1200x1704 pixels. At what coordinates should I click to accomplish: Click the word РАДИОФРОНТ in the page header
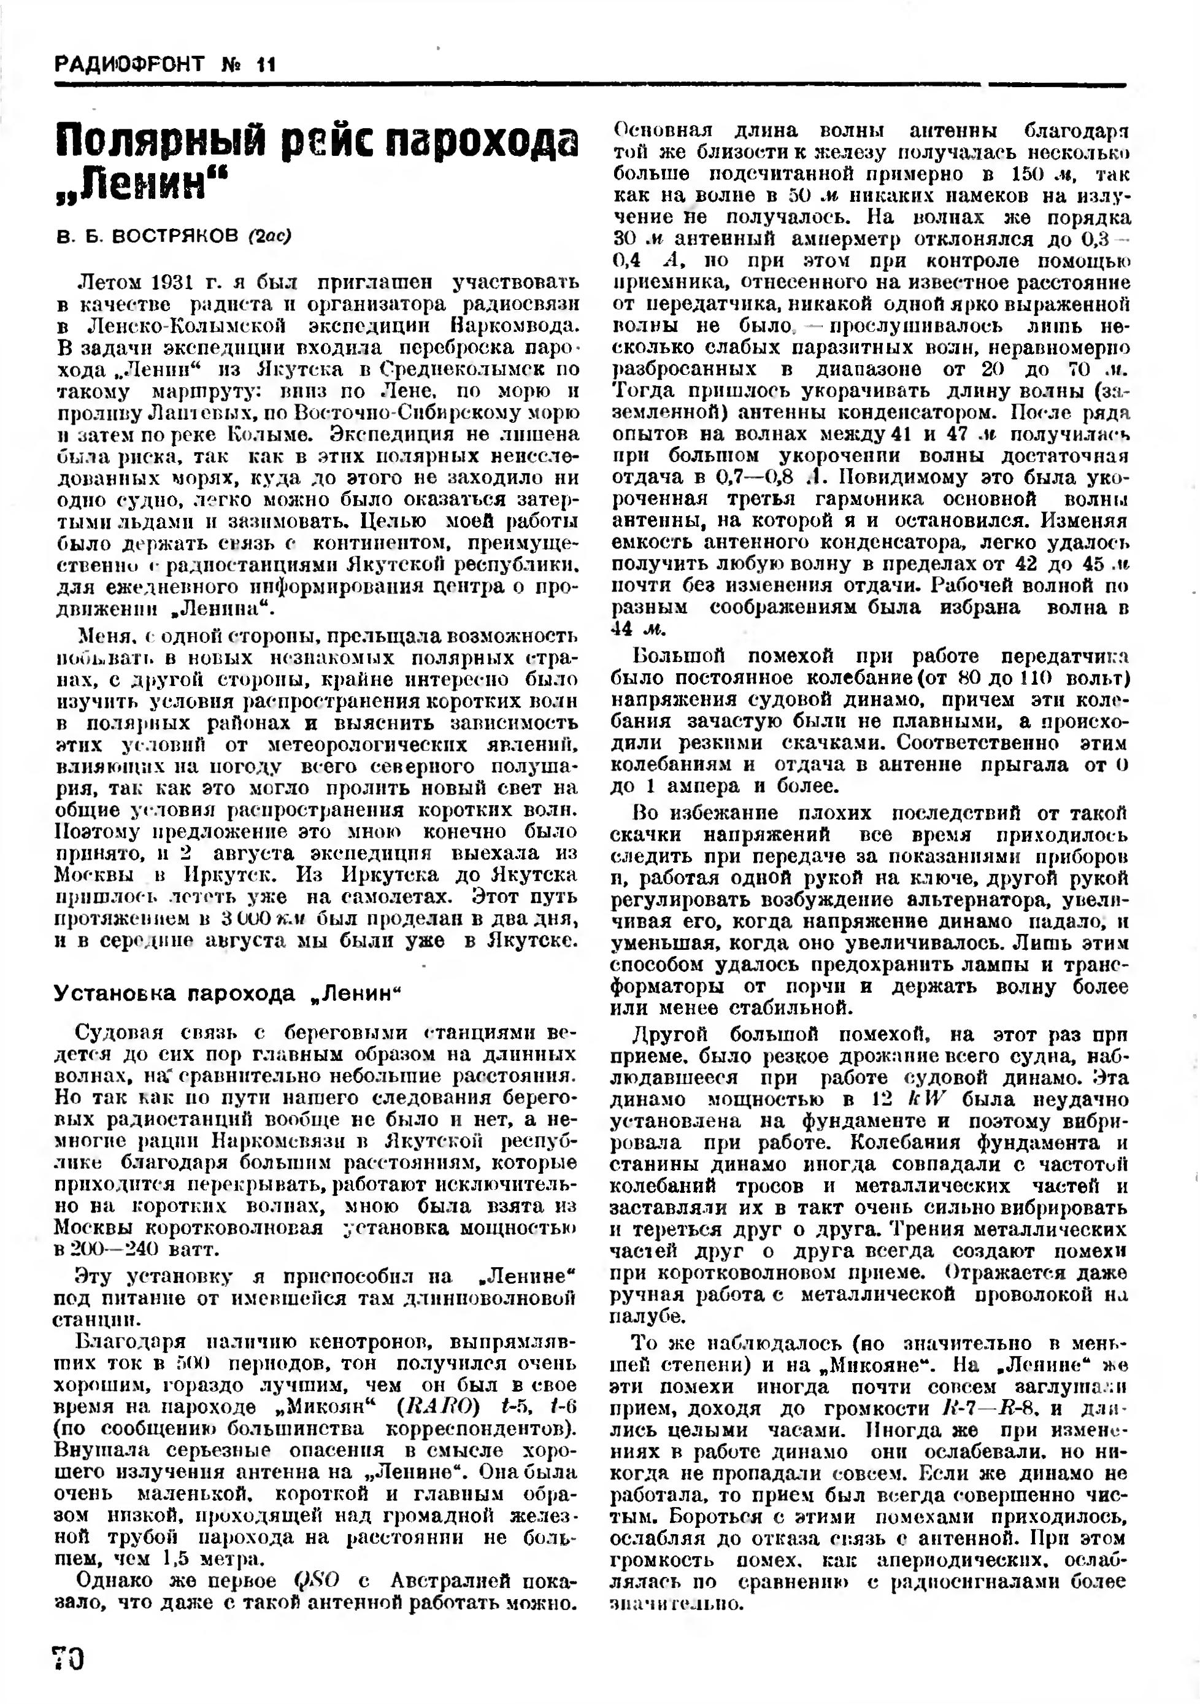tap(131, 64)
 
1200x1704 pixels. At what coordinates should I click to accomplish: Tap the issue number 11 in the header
tap(265, 64)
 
